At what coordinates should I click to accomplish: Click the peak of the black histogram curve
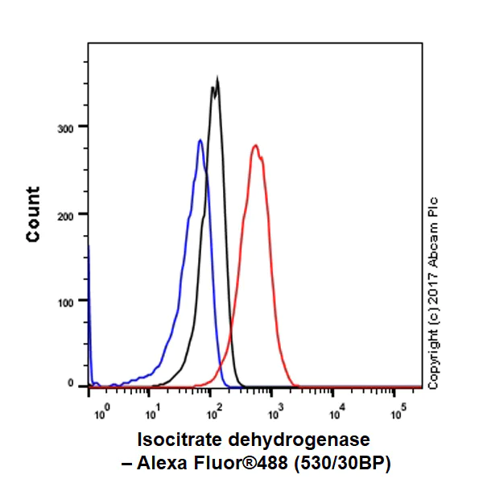pos(217,79)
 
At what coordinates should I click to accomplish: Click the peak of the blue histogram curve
pos(200,141)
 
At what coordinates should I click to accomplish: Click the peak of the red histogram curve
pos(255,146)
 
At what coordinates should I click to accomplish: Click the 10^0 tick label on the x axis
pos(101,414)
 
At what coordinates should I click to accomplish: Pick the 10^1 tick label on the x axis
pos(151,414)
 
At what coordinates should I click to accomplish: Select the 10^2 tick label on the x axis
pos(213,414)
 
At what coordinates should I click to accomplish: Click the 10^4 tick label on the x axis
pos(337,414)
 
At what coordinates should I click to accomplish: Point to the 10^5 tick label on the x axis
pos(399,414)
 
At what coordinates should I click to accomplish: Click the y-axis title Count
pos(33,214)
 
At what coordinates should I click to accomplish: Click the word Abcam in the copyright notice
pos(433,242)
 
